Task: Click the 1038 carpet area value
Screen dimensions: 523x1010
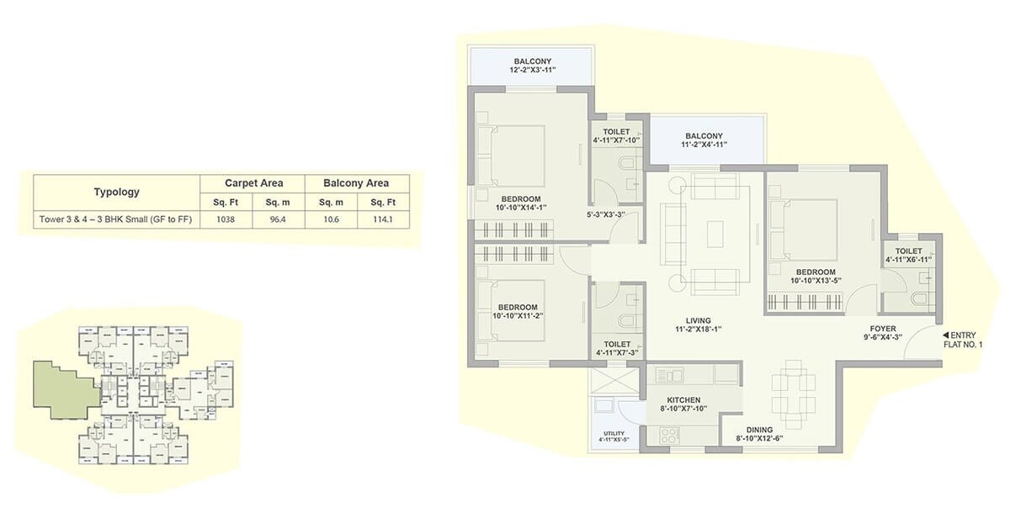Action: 225,220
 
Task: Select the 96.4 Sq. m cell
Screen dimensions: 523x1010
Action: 278,220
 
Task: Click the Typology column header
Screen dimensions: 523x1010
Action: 116,192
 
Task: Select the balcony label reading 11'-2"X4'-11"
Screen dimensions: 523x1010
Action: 704,140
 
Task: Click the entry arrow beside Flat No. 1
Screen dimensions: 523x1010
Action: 946,334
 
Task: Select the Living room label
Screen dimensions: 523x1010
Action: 698,325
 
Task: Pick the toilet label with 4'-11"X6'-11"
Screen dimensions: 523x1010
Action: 909,256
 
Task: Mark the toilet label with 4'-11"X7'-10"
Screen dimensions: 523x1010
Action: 616,136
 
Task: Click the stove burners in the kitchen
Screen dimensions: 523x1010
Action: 669,436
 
